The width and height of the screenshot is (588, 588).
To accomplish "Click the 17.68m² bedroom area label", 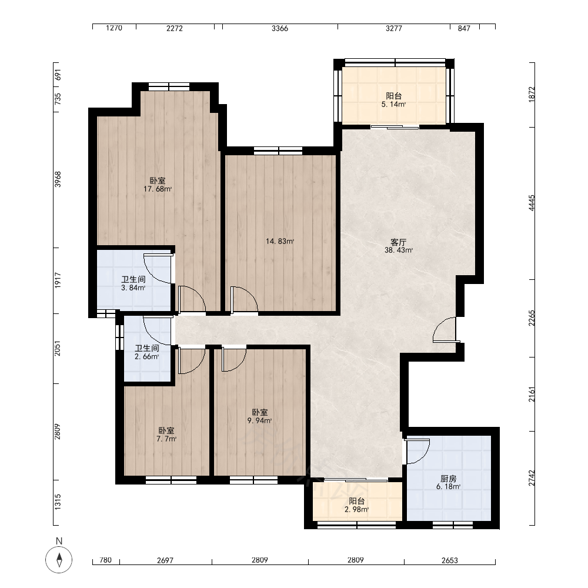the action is pos(158,185).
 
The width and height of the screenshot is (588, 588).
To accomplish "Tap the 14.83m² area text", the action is pos(280,242).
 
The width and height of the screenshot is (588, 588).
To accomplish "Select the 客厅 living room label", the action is pos(398,242).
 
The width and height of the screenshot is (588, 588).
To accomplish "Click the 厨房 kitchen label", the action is pos(449,479).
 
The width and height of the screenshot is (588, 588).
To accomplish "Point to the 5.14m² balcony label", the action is pos(394,100).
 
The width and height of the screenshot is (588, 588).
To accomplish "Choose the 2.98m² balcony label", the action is pos(357,505).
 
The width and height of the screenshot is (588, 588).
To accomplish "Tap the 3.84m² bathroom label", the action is pos(133,283).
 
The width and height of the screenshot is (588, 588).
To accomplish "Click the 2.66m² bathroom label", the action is pos(147,352).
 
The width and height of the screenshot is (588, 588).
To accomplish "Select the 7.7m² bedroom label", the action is pos(166,435).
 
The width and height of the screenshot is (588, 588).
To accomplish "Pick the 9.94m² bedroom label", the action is pos(259,416).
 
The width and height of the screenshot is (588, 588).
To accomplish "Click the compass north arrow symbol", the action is pos(59,560).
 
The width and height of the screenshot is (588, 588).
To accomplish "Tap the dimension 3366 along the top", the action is pos(280,28).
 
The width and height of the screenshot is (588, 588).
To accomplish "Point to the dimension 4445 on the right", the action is pos(532,203).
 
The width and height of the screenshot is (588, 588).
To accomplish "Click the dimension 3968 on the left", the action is pos(58,179).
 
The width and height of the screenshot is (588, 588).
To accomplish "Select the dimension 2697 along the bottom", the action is pos(165,560).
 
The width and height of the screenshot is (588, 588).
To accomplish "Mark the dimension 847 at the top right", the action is pos(464,28).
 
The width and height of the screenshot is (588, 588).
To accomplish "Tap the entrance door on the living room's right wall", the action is pos(446,330).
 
